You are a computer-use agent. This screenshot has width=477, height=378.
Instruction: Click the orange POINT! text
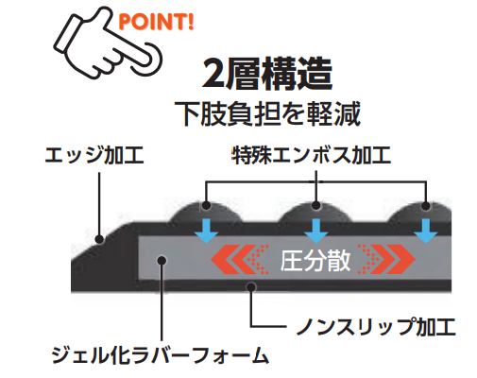click(156, 22)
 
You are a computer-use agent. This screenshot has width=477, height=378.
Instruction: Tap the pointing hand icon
click(107, 44)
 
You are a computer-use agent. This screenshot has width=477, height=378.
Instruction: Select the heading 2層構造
click(267, 74)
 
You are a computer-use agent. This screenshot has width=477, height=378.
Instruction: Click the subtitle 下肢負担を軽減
click(267, 113)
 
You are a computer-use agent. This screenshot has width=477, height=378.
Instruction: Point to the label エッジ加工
click(94, 155)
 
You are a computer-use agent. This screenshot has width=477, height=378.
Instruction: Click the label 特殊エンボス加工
click(311, 155)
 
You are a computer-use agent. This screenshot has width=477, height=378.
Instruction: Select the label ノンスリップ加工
click(376, 326)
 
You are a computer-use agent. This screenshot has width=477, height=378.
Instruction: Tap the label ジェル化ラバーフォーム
click(161, 355)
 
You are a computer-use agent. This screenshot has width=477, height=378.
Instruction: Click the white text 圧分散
click(315, 261)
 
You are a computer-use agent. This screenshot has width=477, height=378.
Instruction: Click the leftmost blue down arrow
click(206, 231)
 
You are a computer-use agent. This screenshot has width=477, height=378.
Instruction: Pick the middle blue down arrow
click(316, 231)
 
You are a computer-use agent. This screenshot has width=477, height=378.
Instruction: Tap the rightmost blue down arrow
click(426, 231)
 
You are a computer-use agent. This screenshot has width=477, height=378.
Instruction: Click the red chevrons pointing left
click(239, 259)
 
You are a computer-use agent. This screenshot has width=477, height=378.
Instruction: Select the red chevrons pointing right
click(386, 259)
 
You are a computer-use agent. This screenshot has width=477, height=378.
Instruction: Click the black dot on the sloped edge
click(99, 239)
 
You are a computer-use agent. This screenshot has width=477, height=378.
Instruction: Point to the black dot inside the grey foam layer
click(162, 260)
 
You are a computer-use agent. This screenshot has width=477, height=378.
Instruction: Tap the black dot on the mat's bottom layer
click(251, 286)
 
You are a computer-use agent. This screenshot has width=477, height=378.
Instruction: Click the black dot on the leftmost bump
click(206, 206)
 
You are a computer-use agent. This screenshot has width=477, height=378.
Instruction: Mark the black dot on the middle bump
click(315, 206)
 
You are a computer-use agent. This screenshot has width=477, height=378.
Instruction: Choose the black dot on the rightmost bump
click(426, 206)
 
